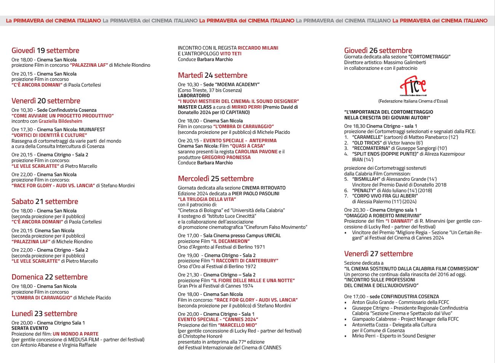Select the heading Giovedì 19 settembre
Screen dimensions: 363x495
click(x=45, y=50)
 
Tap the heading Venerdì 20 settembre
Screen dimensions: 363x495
click(x=46, y=101)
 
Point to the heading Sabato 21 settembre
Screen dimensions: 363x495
click(x=45, y=201)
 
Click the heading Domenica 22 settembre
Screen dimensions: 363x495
click(x=49, y=277)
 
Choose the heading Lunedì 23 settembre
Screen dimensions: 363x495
click(x=44, y=313)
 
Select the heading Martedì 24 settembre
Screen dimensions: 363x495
click(x=212, y=75)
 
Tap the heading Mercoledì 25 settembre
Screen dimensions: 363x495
click(x=216, y=178)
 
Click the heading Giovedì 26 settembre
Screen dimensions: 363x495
click(x=378, y=50)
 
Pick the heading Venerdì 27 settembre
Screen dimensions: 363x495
click(x=378, y=254)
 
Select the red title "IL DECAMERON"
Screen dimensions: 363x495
click(x=230, y=241)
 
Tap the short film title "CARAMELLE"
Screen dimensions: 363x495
click(x=367, y=137)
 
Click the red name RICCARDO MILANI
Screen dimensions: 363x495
click(x=258, y=48)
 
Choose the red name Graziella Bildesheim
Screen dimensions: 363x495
click(x=60, y=121)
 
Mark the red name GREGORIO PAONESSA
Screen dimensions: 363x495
click(x=226, y=157)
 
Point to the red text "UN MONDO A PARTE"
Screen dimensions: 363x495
click(x=75, y=334)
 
